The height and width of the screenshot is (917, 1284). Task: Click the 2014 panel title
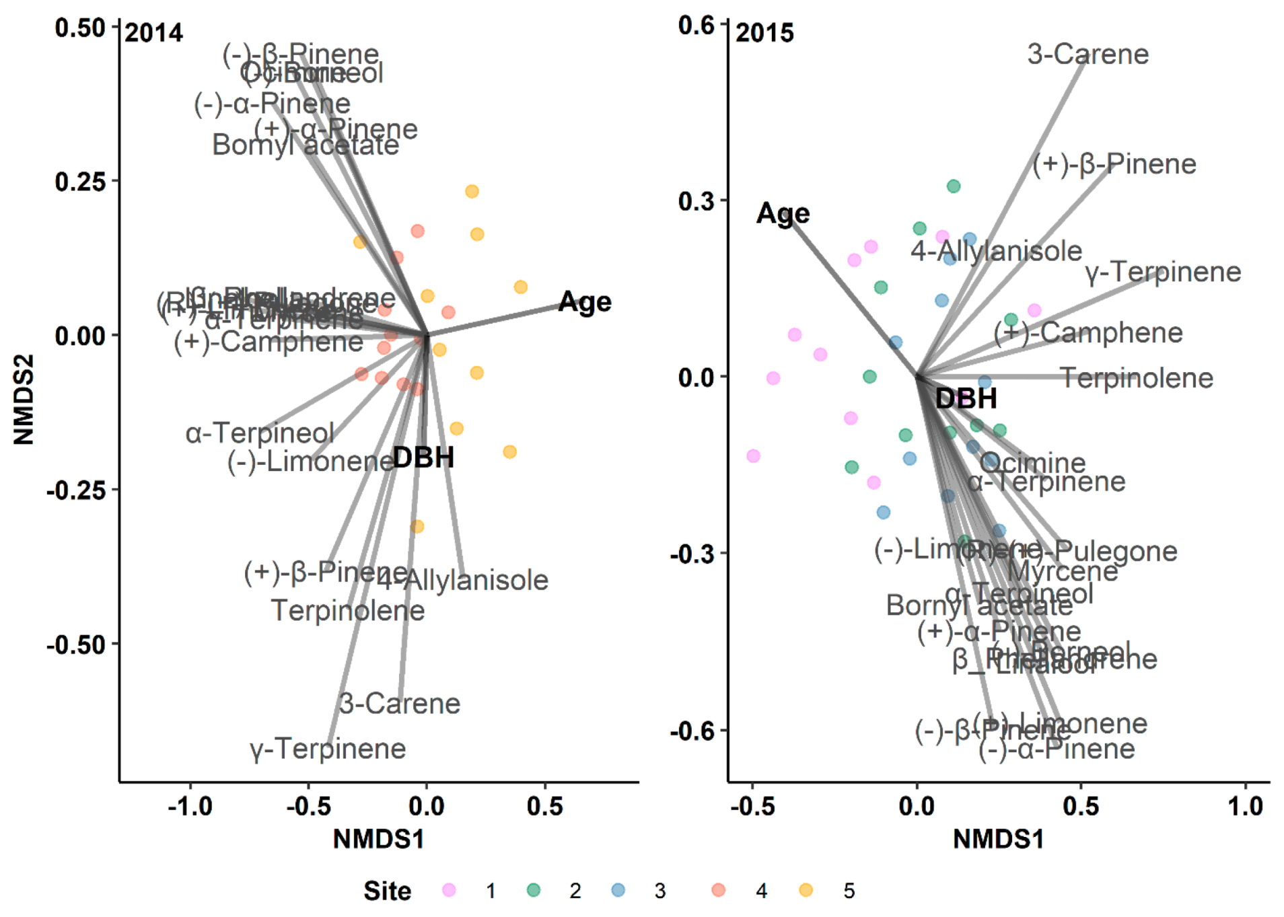(x=153, y=33)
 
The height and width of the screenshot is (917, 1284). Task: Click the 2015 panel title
(x=764, y=33)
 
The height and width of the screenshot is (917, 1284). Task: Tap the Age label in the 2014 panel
(x=585, y=302)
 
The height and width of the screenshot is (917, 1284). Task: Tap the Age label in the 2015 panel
(x=783, y=213)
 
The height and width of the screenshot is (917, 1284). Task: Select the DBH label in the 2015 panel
(x=966, y=398)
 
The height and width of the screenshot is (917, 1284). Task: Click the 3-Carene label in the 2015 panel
(x=1087, y=54)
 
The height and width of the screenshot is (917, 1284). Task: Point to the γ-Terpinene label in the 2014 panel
(x=328, y=748)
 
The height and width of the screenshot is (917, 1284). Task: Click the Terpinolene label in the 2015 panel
(x=1137, y=378)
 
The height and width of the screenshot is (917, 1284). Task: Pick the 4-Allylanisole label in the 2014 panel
(x=463, y=580)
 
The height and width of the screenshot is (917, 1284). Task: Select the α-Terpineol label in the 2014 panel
(x=260, y=433)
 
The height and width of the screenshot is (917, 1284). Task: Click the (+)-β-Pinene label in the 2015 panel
(x=1114, y=164)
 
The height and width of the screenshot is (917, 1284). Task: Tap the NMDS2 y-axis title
(x=24, y=400)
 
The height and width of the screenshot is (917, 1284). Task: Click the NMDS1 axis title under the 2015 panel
(x=998, y=839)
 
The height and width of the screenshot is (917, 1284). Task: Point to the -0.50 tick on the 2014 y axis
(x=76, y=645)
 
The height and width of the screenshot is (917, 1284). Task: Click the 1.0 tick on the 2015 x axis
(x=1245, y=806)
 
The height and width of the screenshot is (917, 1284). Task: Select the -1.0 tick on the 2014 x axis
(x=190, y=806)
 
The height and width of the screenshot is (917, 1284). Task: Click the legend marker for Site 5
(x=806, y=890)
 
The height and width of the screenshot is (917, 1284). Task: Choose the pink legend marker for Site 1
(x=449, y=890)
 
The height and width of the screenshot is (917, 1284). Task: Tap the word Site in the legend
(x=387, y=891)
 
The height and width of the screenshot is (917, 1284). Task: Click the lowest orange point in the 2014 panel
(x=417, y=526)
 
